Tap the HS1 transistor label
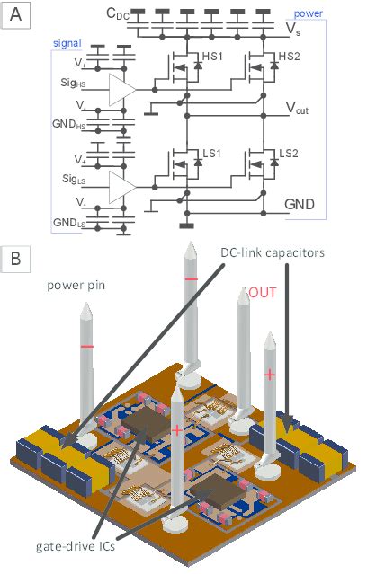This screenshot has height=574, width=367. [x=214, y=56]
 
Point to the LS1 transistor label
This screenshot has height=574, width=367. [x=214, y=154]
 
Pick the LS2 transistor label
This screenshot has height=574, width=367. [x=290, y=154]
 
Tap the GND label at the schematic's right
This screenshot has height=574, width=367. [x=300, y=205]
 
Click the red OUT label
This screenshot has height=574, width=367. [x=263, y=293]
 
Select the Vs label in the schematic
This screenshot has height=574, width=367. [x=294, y=31]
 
